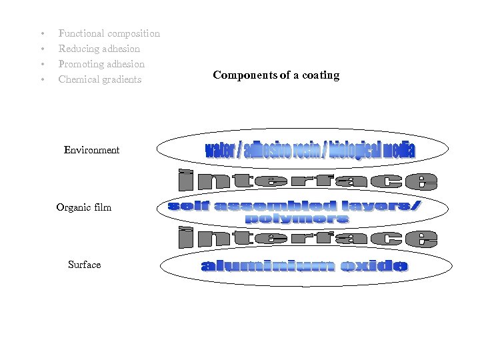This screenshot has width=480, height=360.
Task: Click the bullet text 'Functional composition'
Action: pos(109,33)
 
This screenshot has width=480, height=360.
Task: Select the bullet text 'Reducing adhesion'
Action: pos(99,49)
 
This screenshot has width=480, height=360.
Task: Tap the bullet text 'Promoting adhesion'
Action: pos(101,64)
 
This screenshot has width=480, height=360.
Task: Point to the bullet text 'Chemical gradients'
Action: pos(100,79)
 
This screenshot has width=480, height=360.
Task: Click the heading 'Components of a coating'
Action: pos(276,75)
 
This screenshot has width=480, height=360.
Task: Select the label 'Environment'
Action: pos(91,150)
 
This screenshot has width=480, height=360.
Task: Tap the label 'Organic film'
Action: pos(84,207)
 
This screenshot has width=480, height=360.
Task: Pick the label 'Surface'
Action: pos(84,265)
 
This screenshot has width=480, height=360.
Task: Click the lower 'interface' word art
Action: pos(307,238)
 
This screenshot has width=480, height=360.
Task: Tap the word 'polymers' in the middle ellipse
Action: pos(297,219)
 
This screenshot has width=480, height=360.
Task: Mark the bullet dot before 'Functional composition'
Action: pos(41,34)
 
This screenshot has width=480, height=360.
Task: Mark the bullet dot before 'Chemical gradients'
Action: pos(41,80)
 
